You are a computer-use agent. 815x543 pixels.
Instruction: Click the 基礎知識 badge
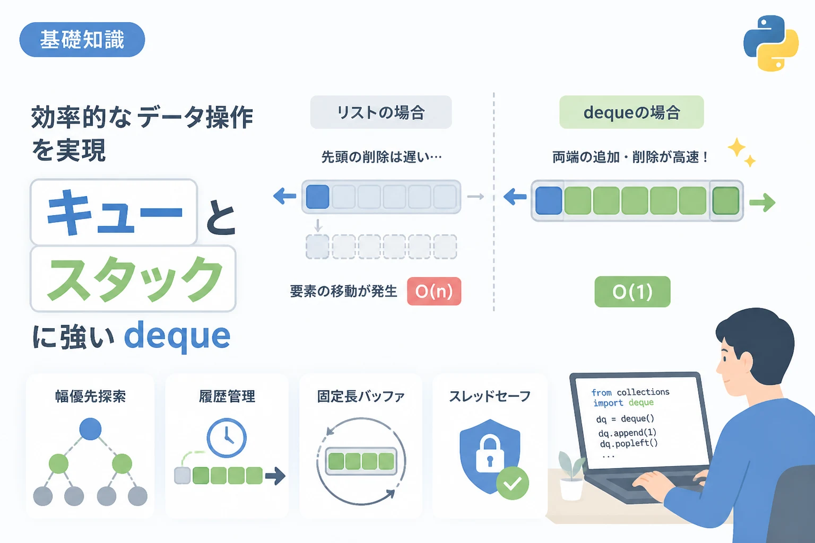coord(82,39)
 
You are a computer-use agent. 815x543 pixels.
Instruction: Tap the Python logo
coord(770,43)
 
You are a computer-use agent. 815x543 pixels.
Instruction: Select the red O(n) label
coord(434,291)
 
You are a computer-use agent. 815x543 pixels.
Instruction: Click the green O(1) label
coord(632,291)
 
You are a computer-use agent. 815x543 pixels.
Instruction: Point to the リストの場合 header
coord(381,112)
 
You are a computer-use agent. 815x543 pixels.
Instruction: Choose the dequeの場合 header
coord(631,112)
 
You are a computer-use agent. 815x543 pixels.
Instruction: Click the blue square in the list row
coord(318,197)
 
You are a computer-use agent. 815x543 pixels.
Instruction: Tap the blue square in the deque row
coord(549,200)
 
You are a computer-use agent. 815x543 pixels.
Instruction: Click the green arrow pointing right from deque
coord(762,202)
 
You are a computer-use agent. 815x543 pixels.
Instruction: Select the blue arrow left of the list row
coord(284,196)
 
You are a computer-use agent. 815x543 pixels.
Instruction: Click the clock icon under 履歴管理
coord(227,437)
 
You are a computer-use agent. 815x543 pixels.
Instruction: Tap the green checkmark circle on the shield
coord(512,483)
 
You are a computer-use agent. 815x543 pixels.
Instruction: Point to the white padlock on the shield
coord(490,453)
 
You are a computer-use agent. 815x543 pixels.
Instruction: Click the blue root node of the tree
coord(90,429)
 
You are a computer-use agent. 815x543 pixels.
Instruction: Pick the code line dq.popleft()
coord(629,443)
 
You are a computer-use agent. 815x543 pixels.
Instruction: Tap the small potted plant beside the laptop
coord(571,475)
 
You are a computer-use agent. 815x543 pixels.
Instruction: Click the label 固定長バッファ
coord(361,396)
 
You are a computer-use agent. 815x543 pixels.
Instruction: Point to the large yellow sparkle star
coord(737,147)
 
